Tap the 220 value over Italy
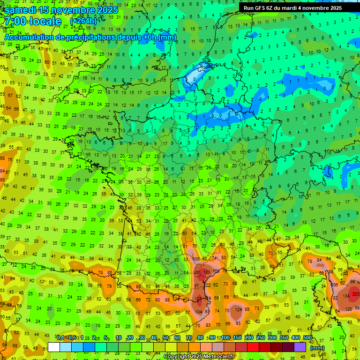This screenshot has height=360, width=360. [356, 294]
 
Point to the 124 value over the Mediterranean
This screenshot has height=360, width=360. [239, 309]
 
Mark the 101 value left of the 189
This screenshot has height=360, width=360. [197, 271]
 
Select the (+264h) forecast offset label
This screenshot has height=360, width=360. [83, 22]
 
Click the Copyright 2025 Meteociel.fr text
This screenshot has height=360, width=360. [199, 356]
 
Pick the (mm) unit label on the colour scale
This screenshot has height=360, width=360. [317, 348]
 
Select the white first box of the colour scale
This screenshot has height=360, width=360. [54, 347]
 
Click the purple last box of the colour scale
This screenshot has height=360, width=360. [300, 347]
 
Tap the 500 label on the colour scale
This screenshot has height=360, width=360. [307, 338]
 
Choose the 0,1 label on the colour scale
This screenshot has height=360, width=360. [60, 338]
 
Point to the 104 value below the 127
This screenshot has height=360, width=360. [199, 312]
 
